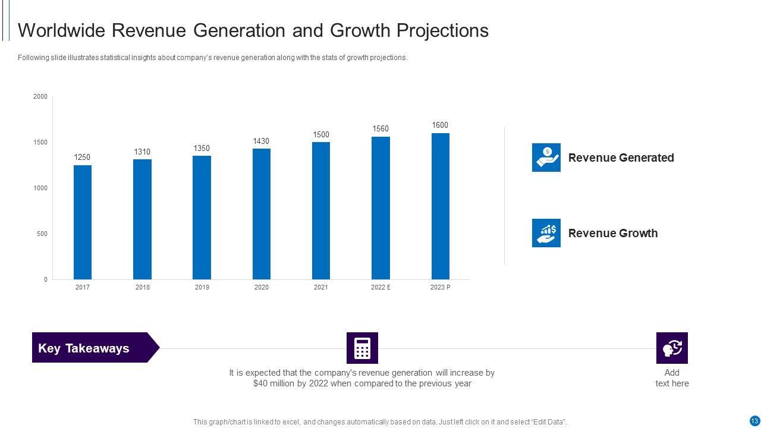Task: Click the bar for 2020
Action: tap(262, 213)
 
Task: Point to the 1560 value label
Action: tap(380, 129)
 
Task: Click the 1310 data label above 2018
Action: tap(142, 152)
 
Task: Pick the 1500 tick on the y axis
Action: tap(40, 143)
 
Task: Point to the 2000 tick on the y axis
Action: tap(40, 97)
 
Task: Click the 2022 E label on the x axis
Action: tap(380, 288)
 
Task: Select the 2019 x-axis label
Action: tap(202, 288)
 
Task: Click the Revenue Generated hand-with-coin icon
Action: tap(546, 158)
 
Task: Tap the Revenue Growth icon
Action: tap(546, 233)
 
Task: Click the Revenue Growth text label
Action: tap(612, 233)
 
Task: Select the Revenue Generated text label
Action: tap(621, 158)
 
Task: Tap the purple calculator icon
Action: tap(362, 348)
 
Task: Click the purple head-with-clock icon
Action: tap(672, 348)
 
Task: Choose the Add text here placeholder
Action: tap(672, 378)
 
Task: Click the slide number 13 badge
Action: tap(754, 421)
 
